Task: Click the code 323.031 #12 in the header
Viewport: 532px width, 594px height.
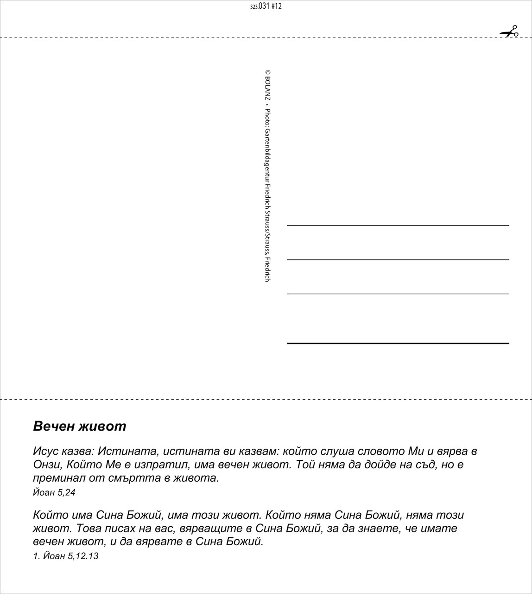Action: [x=266, y=6]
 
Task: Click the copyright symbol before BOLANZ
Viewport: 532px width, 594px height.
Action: [x=268, y=73]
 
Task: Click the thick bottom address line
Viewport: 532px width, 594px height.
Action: [x=398, y=343]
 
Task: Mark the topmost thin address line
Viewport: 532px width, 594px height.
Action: [x=398, y=226]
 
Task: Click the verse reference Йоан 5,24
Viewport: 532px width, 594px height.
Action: [x=54, y=492]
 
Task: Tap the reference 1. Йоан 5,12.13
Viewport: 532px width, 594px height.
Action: [x=66, y=556]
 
